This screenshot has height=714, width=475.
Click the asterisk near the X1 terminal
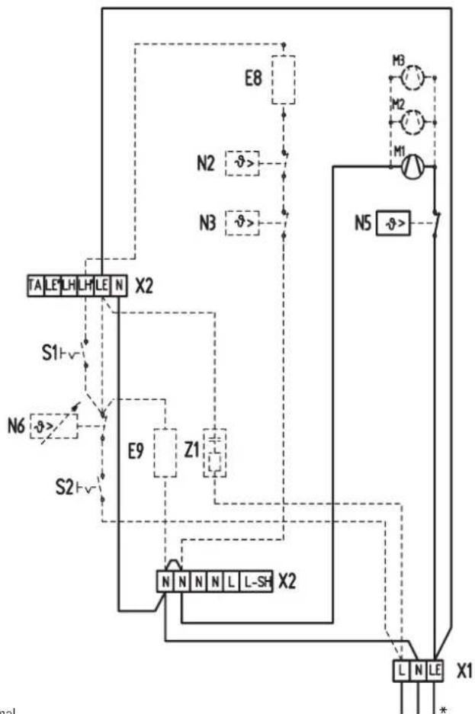[442, 708]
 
